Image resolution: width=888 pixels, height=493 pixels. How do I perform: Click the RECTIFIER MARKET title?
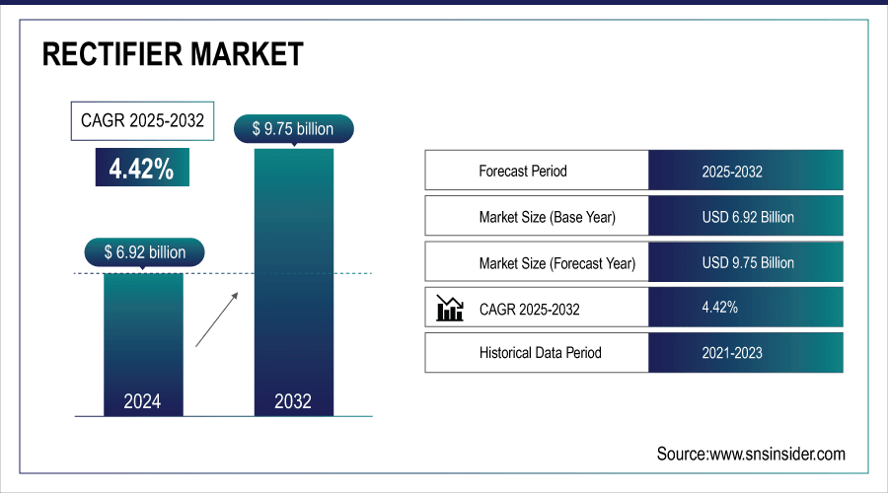coord(173,54)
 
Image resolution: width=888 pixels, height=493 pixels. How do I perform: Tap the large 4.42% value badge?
coord(141,169)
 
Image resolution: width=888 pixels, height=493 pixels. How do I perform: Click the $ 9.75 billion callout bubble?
coord(293,128)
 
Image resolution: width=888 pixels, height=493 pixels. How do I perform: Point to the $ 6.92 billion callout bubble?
coord(144,252)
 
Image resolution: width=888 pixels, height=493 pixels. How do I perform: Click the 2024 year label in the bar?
coord(142,401)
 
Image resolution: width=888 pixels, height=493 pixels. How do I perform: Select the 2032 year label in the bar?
coord(293,401)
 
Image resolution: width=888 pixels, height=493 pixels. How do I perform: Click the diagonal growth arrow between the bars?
coord(218,318)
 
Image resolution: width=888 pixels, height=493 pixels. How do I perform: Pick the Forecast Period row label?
coord(523,171)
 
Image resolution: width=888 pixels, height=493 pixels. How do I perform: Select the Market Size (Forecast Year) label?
coord(556,263)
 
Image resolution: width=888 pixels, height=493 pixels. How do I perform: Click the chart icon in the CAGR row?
coord(450,309)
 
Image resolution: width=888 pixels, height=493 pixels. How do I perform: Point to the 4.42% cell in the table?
coord(719,308)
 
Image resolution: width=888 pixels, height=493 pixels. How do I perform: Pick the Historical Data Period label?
coord(540,352)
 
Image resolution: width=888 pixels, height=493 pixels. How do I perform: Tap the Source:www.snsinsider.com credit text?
coord(751,454)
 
